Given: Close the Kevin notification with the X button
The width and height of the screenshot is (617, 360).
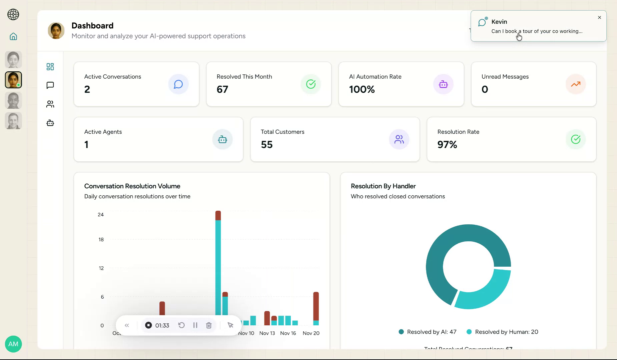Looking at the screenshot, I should click(x=599, y=17).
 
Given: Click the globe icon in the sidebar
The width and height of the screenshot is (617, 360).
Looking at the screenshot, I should click(x=13, y=14).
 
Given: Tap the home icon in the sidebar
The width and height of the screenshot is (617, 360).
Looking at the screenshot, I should click(x=13, y=36).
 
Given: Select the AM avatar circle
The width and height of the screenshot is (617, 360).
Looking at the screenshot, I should click(x=13, y=344).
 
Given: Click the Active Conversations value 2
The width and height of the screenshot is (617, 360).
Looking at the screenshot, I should click(x=87, y=89).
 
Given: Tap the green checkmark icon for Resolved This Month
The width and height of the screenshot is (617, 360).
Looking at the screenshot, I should click(x=311, y=84).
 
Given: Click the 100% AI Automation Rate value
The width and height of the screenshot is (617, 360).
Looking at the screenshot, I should click(x=362, y=89).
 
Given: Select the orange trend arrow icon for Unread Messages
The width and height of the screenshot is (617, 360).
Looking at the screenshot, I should click(x=575, y=84).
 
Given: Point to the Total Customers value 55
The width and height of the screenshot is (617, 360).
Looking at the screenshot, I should click(x=266, y=145).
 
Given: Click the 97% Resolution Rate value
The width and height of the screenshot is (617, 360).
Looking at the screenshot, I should click(x=447, y=145).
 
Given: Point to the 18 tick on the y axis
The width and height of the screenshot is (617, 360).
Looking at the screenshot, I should click(x=101, y=239).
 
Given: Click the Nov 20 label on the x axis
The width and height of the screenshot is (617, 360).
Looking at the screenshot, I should click(x=311, y=333).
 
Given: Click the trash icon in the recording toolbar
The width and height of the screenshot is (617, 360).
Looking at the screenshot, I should click(x=209, y=325).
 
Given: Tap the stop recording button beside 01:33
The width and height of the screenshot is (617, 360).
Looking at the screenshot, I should click(x=148, y=325).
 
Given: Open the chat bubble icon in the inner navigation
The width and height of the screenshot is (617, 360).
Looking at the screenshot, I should click(x=50, y=85).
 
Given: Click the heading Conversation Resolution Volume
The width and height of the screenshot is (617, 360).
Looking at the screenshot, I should click(x=132, y=186).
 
